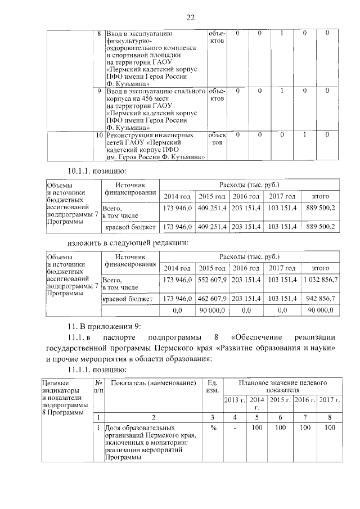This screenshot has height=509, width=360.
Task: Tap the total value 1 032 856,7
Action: [319, 280]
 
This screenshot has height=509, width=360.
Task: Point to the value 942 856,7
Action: [319, 298]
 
